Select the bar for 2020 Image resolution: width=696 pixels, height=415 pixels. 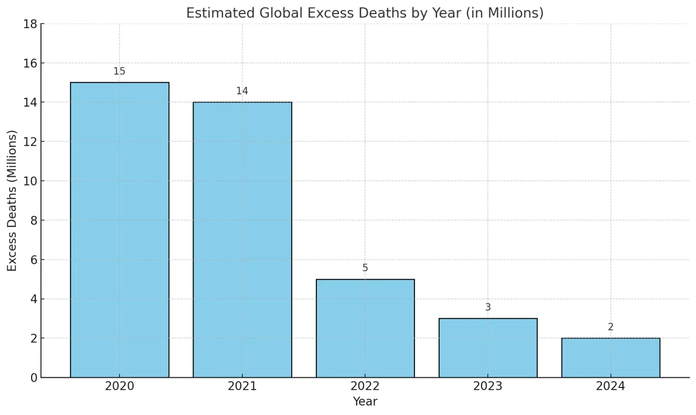point(119,230)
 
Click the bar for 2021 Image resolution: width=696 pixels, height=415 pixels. point(242,239)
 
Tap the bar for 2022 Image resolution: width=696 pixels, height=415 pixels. point(365,328)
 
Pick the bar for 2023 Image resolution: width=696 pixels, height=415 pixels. point(488,348)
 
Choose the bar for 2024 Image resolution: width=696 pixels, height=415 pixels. point(610,357)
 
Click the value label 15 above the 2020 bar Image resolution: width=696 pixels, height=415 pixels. point(119,72)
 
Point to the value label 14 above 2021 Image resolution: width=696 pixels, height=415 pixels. point(242,91)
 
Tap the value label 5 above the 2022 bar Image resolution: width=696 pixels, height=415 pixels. point(365,268)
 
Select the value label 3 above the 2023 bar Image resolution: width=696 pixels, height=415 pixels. point(488,307)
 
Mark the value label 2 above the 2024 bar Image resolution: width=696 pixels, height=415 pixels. point(610,327)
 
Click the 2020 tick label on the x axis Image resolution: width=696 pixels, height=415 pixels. point(119,386)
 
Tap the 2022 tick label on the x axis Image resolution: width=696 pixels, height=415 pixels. point(365,386)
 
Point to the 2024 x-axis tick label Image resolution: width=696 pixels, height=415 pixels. point(610,386)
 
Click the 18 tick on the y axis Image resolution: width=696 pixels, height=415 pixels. point(30,24)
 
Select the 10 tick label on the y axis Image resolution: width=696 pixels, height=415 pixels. point(30,181)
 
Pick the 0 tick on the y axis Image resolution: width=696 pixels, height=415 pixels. point(33,377)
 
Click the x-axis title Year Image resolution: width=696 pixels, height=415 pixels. point(365,401)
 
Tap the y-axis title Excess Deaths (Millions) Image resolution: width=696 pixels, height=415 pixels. point(12,200)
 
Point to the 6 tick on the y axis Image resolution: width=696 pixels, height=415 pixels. point(33,260)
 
